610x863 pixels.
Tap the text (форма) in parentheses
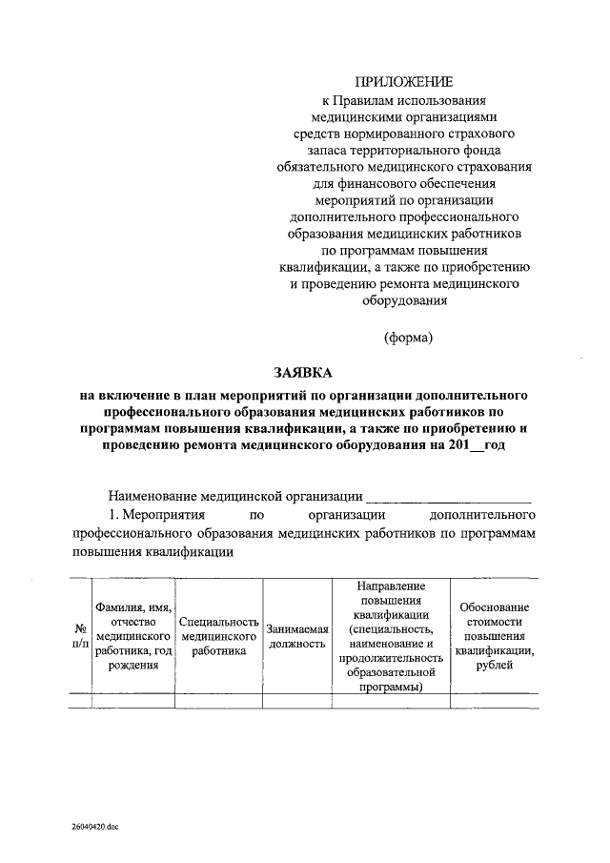(x=409, y=337)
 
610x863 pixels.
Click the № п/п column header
(x=81, y=636)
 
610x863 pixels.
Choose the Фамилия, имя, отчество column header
(x=133, y=636)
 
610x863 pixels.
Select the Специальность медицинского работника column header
(x=219, y=636)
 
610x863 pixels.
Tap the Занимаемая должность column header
(x=297, y=636)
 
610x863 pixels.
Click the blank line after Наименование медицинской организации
(x=448, y=496)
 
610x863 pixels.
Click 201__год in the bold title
(x=474, y=446)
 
